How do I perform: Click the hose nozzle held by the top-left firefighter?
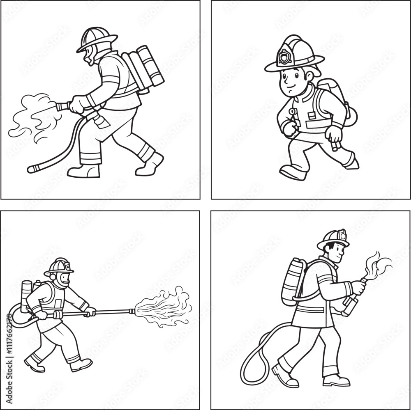[62, 107]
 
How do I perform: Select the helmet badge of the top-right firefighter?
[284, 57]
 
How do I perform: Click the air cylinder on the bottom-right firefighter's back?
[293, 281]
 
